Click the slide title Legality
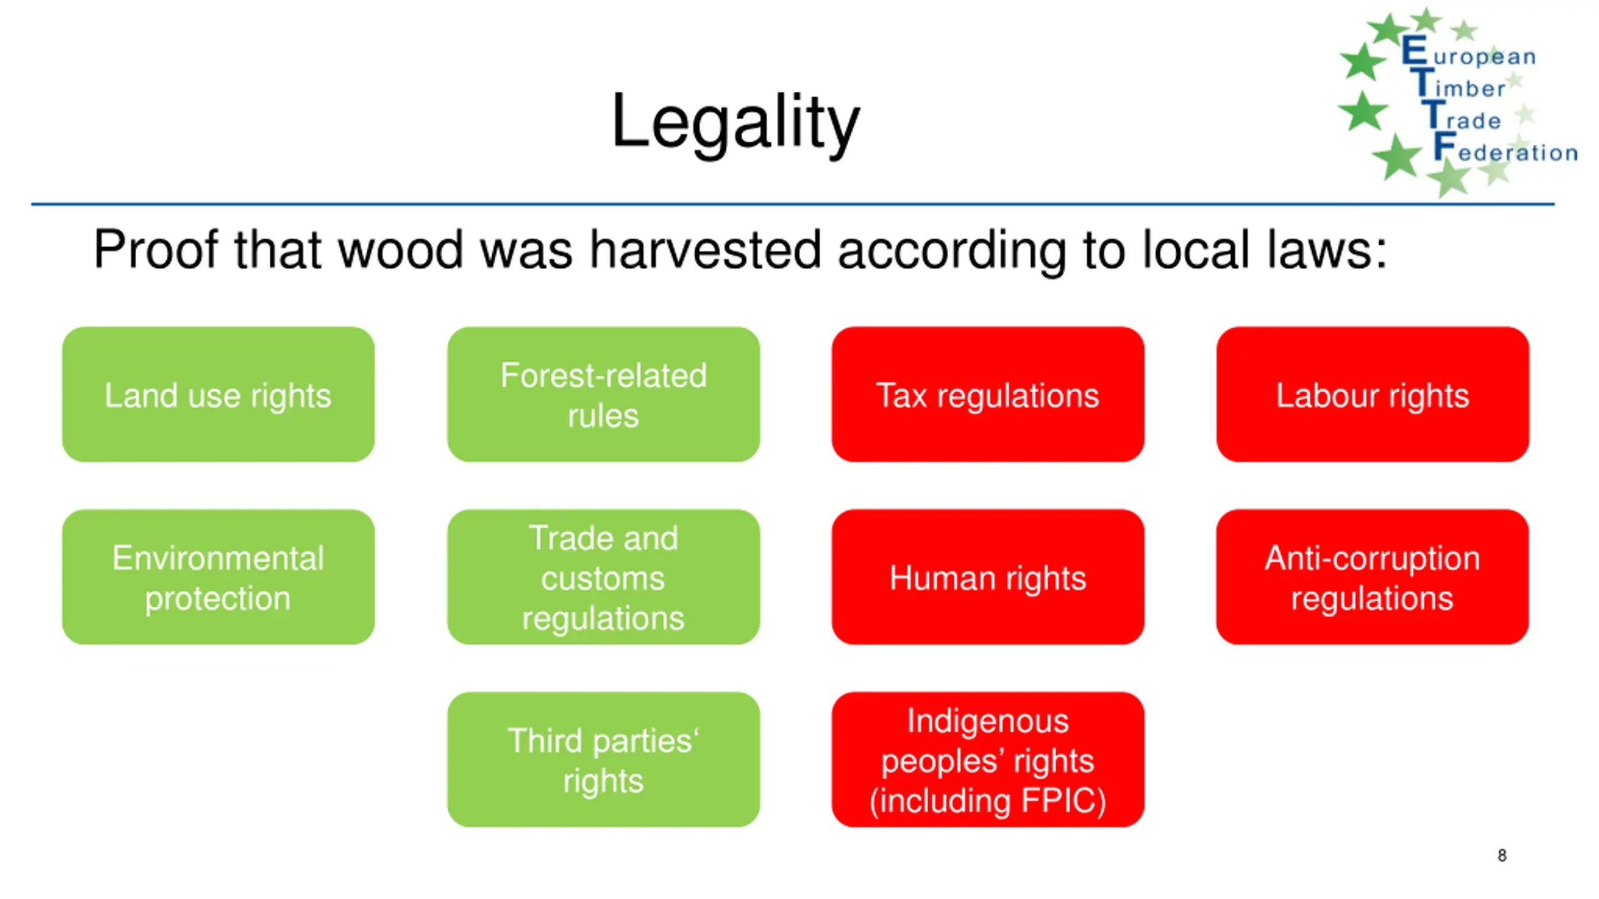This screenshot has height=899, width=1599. pyautogui.click(x=735, y=122)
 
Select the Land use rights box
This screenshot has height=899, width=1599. pyautogui.click(x=218, y=395)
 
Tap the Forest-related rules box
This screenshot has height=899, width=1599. pyautogui.click(x=603, y=395)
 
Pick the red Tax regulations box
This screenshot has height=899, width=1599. pyautogui.click(x=988, y=395)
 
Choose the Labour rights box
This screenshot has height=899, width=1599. pyautogui.click(x=1372, y=395)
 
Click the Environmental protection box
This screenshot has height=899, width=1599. pyautogui.click(x=218, y=577)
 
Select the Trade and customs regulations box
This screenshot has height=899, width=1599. pyautogui.click(x=603, y=577)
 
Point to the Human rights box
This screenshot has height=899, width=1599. pyautogui.click(x=988, y=577)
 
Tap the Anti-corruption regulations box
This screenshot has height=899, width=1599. pyautogui.click(x=1372, y=577)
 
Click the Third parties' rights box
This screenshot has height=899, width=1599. pyautogui.click(x=603, y=760)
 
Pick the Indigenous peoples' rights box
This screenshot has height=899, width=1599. pyautogui.click(x=988, y=760)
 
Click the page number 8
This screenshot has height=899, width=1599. pyautogui.click(x=1502, y=855)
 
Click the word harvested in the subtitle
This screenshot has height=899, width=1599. pyautogui.click(x=705, y=250)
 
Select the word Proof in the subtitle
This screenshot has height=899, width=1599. pyautogui.click(x=156, y=250)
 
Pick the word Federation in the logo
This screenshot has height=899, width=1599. pyautogui.click(x=1505, y=150)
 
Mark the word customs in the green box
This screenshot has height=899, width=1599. pyautogui.click(x=603, y=578)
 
